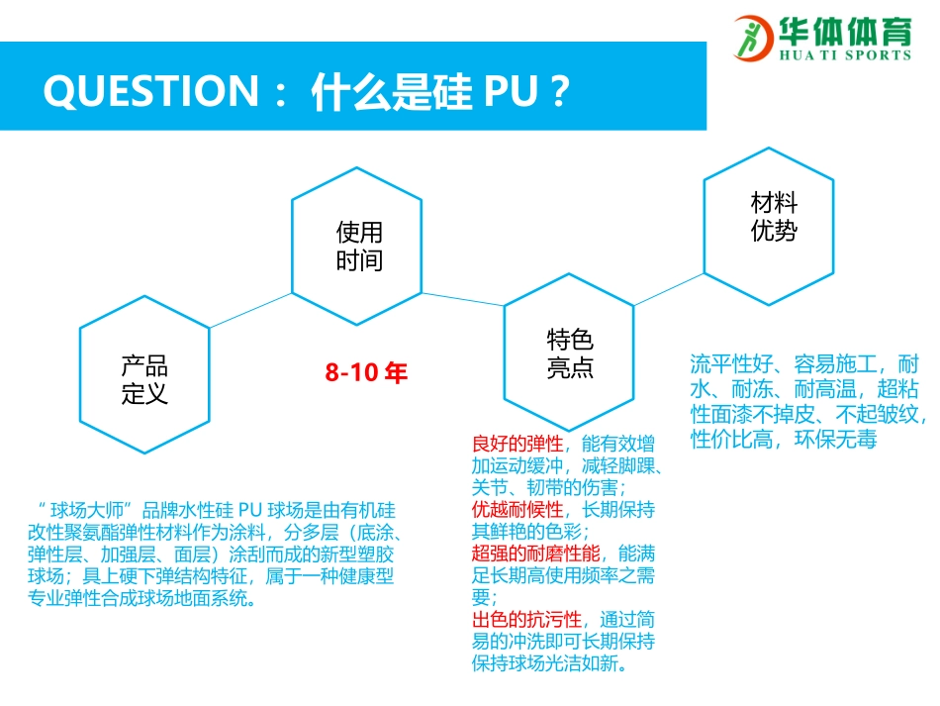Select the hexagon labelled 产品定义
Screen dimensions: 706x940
(144, 379)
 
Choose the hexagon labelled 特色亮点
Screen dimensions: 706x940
(570, 353)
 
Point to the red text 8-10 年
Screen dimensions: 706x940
(366, 373)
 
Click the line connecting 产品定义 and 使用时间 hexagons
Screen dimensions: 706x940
(250, 308)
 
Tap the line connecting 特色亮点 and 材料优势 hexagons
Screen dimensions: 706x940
(668, 288)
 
